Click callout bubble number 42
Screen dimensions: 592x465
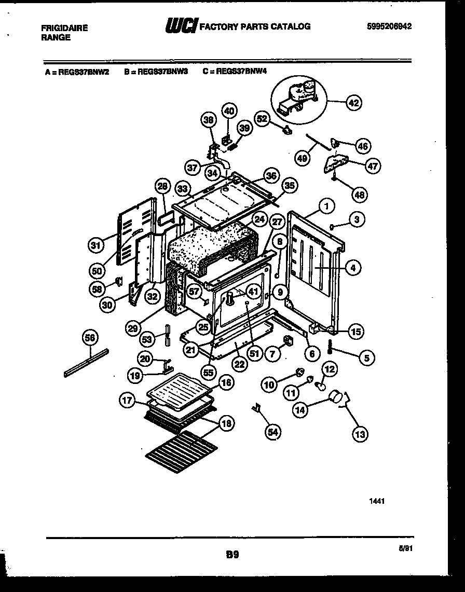353,103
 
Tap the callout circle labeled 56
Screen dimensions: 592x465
91,338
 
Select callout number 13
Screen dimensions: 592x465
359,433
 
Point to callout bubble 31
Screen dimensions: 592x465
94,245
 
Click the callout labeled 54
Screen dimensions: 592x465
272,431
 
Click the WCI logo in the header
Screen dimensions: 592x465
181,26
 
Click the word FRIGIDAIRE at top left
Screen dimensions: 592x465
64,28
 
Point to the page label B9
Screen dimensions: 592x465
232,555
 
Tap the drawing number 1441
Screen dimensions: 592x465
377,502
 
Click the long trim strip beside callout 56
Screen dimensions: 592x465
87,363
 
